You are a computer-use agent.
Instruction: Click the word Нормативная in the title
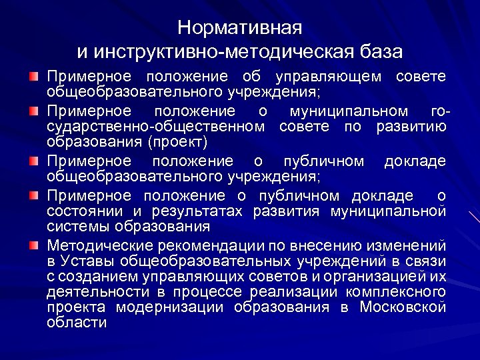tap(240, 28)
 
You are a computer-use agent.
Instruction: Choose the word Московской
tap(403, 307)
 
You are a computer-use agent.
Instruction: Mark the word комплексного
tap(396, 292)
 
